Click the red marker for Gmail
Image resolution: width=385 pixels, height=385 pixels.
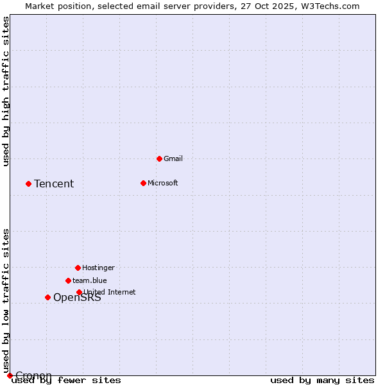pos(159,158)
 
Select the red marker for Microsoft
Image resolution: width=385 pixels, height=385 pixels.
pos(143,183)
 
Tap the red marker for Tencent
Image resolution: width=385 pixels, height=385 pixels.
pos(28,184)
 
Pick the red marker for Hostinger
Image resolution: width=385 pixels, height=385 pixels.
pos(78,268)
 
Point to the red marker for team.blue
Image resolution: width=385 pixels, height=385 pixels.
pos(68,280)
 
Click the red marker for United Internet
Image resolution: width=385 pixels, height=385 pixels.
pos(79,292)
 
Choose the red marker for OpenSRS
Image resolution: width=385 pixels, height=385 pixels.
pos(47,297)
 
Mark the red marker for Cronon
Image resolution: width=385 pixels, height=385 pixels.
pos(10,375)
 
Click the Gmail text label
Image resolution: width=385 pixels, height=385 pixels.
pos(173,158)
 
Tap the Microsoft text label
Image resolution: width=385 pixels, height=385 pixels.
pos(163,183)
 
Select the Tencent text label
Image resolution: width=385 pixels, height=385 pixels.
pos(54,184)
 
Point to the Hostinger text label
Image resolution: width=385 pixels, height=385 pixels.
pos(98,268)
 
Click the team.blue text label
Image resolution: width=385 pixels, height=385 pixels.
pos(90,280)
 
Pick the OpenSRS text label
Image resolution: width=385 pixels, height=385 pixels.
pos(77,298)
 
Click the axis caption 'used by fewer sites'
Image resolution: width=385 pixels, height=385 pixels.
pos(66,380)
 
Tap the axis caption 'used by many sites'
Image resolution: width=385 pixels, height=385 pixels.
pos(322,380)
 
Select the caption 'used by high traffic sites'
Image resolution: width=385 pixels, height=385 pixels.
pos(6,91)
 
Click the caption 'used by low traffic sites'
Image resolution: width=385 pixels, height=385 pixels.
pos(6,300)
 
